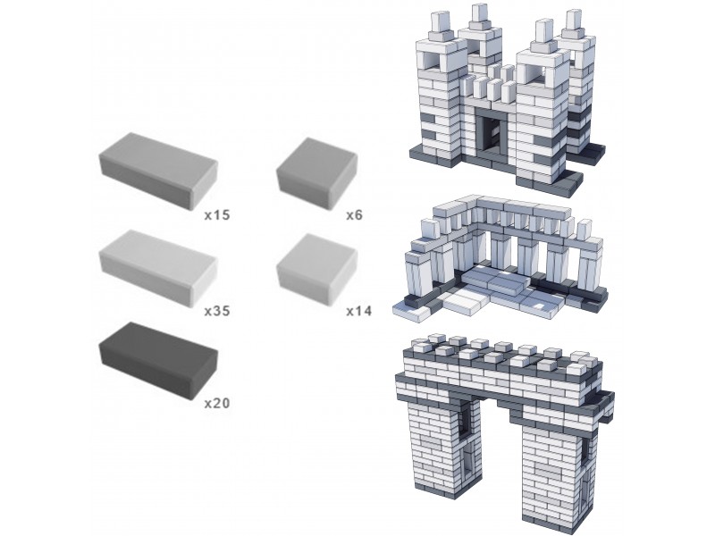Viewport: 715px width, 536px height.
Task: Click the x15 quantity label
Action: tap(217, 214)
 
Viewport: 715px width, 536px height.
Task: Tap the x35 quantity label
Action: tap(217, 311)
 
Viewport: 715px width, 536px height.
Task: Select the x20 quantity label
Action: tap(217, 404)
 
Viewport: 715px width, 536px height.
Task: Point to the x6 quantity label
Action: tap(354, 214)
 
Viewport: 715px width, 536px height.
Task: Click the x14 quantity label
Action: tap(359, 311)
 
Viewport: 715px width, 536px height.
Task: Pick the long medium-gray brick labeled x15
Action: tap(158, 171)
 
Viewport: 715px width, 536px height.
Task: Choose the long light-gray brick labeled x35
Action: tap(158, 268)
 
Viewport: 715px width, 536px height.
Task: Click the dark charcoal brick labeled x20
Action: tap(158, 361)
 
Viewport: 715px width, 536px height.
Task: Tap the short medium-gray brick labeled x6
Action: tap(316, 173)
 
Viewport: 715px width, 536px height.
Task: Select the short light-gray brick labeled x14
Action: tap(316, 270)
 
